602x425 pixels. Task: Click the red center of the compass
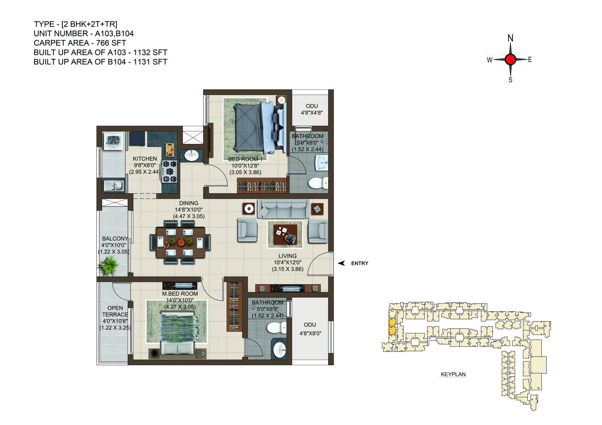510,60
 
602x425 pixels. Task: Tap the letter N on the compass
510,38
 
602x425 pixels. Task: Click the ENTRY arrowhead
341,263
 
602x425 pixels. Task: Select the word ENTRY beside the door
359,263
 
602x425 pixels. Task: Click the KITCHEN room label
145,158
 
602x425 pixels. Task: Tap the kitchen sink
113,185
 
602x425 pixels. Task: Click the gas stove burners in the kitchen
169,171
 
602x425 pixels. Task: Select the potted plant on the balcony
109,265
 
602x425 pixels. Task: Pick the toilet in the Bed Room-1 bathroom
318,183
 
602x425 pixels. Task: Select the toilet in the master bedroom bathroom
276,328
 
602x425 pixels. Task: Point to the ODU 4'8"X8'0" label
310,329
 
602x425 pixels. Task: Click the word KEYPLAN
453,374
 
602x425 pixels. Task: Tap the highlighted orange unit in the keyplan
392,326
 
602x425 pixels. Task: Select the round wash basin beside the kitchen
191,155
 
